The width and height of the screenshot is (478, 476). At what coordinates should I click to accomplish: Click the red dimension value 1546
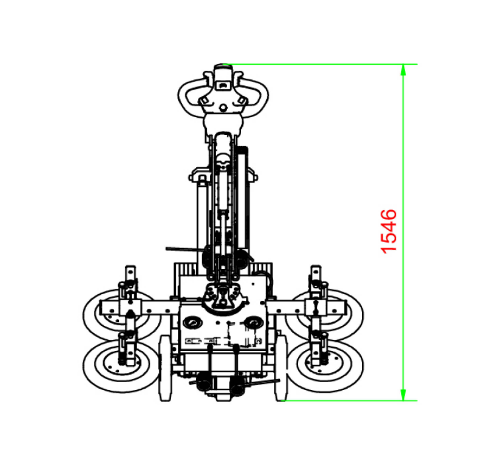point(389,231)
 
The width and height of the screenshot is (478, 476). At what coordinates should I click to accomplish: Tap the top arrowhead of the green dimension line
point(403,69)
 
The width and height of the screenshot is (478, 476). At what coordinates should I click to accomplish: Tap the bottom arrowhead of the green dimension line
point(403,395)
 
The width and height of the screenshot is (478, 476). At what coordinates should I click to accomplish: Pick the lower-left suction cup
point(121,366)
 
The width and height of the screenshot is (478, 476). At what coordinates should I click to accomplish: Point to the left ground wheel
point(166,368)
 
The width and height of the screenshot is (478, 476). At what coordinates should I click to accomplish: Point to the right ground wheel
point(281,368)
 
